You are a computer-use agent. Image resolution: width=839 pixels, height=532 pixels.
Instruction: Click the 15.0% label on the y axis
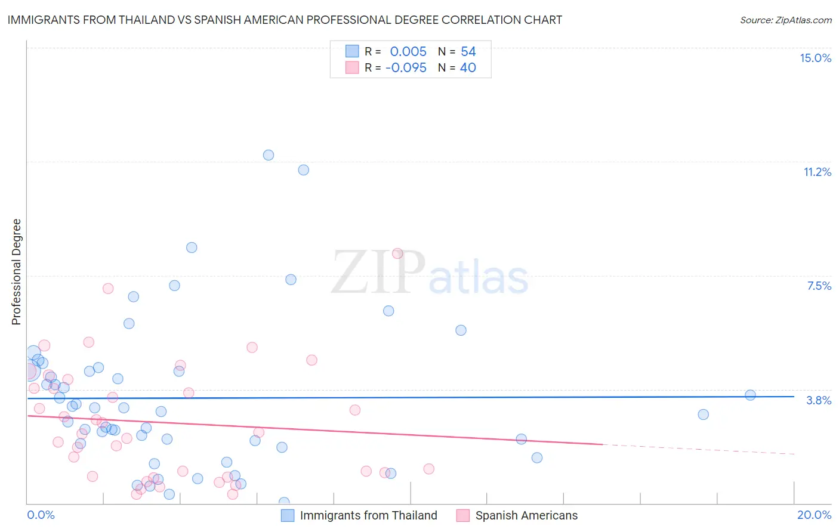coord(815,58)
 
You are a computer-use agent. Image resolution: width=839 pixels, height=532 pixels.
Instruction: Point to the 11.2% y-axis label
coord(817,172)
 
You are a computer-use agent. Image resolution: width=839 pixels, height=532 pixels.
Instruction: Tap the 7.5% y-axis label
coord(819,286)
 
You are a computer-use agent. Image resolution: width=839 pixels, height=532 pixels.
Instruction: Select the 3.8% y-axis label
coord(819,400)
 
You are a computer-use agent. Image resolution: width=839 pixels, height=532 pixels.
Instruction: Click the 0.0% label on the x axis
coord(41,515)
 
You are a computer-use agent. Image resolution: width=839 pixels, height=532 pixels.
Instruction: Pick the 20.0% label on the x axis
coord(814,515)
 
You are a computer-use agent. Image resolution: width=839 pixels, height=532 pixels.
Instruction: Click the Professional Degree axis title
coord(16,272)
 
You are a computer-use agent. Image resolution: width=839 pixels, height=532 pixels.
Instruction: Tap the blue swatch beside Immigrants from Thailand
coord(288,515)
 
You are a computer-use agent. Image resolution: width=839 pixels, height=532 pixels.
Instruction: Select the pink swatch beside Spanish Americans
coord(463,515)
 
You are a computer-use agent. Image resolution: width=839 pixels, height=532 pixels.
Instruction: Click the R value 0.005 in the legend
coord(408,51)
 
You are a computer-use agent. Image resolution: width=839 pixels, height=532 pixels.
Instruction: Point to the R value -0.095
coord(406,67)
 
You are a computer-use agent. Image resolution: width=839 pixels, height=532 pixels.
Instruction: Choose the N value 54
coord(468,51)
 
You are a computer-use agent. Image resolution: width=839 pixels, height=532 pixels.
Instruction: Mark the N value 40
coord(468,67)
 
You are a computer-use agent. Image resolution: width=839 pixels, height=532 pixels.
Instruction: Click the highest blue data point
coord(269,155)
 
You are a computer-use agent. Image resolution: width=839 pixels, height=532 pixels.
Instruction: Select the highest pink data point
coord(397,253)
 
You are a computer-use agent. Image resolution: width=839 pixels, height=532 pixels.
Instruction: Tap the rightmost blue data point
coord(750,395)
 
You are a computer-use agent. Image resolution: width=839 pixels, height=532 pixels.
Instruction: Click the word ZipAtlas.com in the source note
coord(803,20)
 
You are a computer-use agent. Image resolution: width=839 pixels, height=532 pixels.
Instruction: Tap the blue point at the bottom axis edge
coord(284,502)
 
